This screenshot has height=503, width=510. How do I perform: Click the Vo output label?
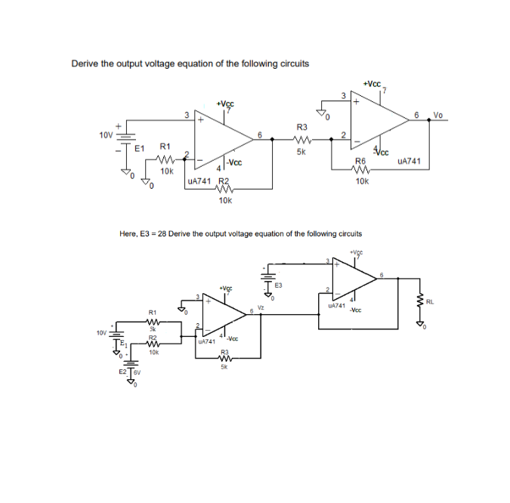click(438, 116)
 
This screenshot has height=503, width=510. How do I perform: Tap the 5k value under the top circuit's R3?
click(301, 151)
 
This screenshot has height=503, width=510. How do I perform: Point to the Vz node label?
click(260, 307)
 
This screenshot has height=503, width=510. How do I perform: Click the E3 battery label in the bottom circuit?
click(278, 285)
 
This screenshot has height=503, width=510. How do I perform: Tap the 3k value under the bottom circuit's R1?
click(152, 329)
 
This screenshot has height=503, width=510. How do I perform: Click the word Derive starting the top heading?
click(85, 63)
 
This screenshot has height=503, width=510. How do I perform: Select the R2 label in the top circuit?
click(223, 181)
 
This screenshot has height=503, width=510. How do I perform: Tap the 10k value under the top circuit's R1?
click(167, 171)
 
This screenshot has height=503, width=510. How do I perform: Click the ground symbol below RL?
click(420, 324)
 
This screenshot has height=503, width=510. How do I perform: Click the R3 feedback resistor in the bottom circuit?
click(224, 359)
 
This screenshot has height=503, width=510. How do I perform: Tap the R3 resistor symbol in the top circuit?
click(301, 139)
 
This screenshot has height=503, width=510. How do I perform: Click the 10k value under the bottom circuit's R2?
click(153, 352)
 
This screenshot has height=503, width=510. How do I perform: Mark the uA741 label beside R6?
click(407, 161)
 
